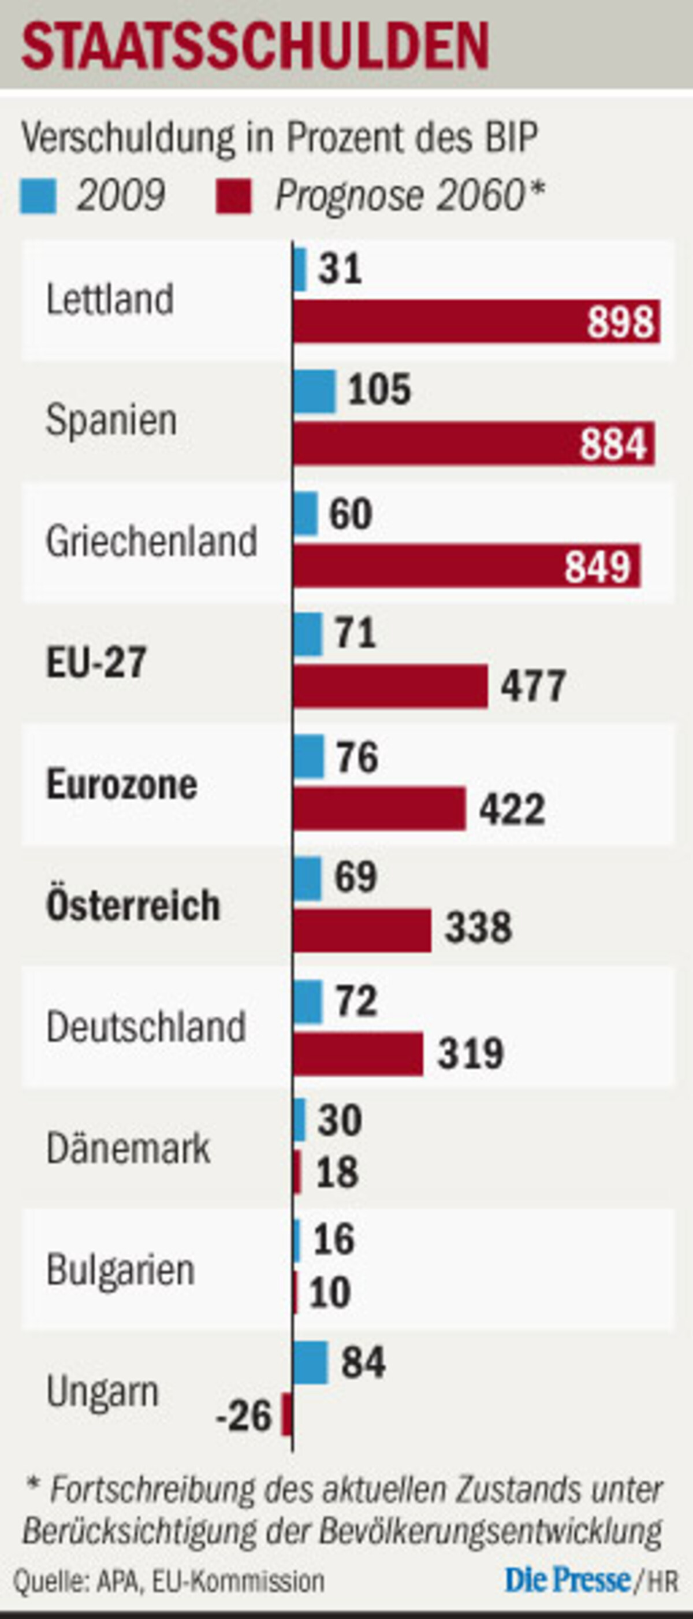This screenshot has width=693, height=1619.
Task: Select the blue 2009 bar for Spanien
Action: click(315, 392)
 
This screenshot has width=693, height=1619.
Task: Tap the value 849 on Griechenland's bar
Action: click(597, 566)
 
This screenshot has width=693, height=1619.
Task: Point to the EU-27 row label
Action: click(96, 662)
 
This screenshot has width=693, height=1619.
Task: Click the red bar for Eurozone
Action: click(379, 808)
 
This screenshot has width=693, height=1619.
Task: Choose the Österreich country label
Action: click(133, 905)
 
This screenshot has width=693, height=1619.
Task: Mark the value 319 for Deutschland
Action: click(471, 1054)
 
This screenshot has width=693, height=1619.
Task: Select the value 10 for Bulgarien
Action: click(330, 1294)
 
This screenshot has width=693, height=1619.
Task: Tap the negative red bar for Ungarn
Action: click(287, 1414)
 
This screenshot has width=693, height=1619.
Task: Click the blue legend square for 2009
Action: click(38, 196)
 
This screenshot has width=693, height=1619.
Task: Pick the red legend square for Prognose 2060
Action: click(234, 196)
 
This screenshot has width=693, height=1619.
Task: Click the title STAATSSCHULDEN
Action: click(255, 46)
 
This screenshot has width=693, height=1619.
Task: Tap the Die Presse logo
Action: click(567, 1579)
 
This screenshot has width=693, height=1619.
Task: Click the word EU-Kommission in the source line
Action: click(238, 1581)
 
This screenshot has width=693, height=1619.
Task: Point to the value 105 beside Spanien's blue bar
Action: click(379, 389)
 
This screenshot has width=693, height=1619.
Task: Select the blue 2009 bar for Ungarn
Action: click(310, 1362)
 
